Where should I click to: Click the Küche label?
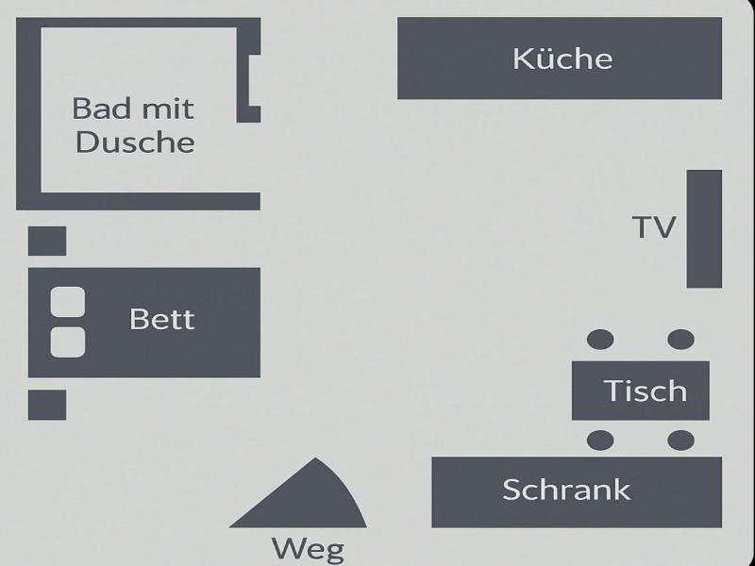pos(562,58)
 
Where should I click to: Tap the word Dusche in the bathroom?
pos(135,142)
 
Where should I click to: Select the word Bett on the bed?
pos(161,319)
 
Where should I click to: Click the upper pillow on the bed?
pos(68,302)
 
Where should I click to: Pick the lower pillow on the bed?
pos(68,342)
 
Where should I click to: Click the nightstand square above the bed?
pos(47,241)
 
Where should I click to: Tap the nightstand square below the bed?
pos(47,405)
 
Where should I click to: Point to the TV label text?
pos(654,227)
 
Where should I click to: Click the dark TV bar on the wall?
pos(704,228)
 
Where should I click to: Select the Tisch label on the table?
pos(646,391)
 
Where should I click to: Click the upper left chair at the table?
pos(600,340)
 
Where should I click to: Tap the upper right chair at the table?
pos(680,340)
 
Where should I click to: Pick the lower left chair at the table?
pos(600,441)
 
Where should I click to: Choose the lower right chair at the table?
pos(680,441)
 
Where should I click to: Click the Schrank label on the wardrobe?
pos(566,490)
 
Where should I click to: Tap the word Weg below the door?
pos(309,549)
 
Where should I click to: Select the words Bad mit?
pos(133,108)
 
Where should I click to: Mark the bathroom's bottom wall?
pos(138,201)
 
